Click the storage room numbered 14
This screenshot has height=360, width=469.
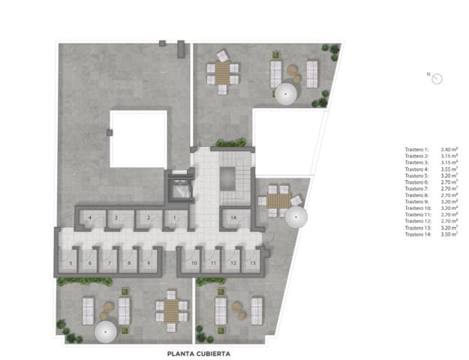(234, 218)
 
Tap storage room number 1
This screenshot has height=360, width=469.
(174, 218)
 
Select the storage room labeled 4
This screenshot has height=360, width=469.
(90, 218)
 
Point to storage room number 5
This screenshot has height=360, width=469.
(71, 262)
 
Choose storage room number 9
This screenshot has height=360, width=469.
(149, 262)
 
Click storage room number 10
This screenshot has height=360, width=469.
(194, 262)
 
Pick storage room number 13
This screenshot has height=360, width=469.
(252, 262)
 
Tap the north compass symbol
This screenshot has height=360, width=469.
(436, 77)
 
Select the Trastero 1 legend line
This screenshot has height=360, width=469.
(431, 148)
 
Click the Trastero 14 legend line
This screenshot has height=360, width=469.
(431, 235)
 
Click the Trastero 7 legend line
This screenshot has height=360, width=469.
(431, 188)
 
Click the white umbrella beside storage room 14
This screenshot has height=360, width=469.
(296, 219)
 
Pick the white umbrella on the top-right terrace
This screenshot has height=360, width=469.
(285, 94)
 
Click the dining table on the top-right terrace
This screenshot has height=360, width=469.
(223, 73)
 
